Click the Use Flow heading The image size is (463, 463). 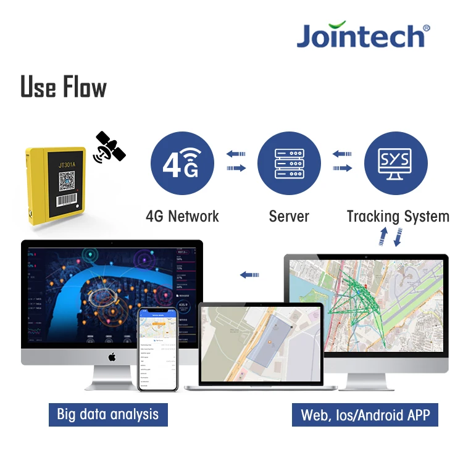click(x=64, y=87)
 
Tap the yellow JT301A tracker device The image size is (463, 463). click(x=56, y=185)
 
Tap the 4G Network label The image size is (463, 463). click(x=182, y=217)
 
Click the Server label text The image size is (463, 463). click(x=289, y=217)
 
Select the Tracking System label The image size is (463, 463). click(x=398, y=217)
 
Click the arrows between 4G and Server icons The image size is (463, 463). click(x=236, y=161)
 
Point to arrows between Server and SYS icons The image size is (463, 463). click(x=342, y=161)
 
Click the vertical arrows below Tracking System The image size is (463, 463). click(x=390, y=237)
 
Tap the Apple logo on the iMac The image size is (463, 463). click(x=112, y=357)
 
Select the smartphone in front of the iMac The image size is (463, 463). click(x=157, y=349)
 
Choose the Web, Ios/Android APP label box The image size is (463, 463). click(x=365, y=415)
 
